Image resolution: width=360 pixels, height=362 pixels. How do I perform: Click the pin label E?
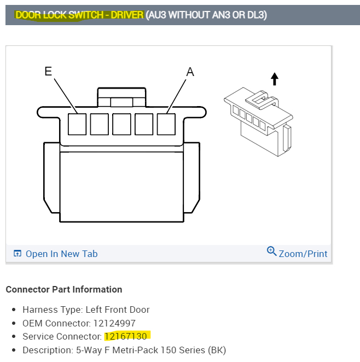click(x=48, y=71)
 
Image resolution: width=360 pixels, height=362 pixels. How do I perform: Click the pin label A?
click(x=190, y=72)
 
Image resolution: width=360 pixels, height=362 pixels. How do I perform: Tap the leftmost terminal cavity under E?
click(x=77, y=124)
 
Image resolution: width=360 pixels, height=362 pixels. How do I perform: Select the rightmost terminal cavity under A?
click(x=166, y=124)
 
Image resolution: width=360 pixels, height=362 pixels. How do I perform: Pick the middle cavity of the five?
click(x=121, y=124)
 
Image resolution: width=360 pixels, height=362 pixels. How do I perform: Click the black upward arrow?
click(x=275, y=79)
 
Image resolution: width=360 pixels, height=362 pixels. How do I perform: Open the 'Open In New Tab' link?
click(x=61, y=254)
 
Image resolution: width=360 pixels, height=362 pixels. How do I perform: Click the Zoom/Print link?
click(x=303, y=254)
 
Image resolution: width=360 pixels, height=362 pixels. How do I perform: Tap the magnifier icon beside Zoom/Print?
click(x=271, y=252)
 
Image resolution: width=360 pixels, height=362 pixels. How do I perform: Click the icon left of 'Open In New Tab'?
click(x=18, y=254)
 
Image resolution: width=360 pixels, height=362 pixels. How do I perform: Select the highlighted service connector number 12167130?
click(x=126, y=336)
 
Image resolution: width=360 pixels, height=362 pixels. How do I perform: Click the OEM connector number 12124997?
click(x=114, y=323)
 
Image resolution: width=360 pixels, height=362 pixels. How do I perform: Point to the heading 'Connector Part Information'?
click(x=63, y=289)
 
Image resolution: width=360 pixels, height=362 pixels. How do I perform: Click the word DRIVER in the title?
click(x=126, y=15)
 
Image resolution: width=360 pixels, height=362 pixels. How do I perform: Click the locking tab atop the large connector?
click(x=121, y=97)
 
